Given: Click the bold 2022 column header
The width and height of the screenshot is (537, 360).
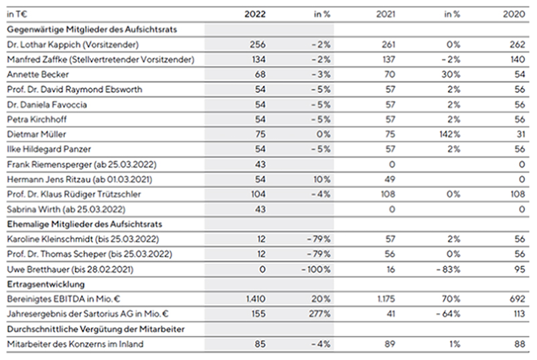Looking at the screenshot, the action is [255, 14].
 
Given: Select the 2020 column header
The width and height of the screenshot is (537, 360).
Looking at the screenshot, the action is [514, 14].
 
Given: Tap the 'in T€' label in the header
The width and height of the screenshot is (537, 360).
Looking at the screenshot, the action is [17, 14].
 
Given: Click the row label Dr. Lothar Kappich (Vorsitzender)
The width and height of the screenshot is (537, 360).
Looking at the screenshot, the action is [72, 44].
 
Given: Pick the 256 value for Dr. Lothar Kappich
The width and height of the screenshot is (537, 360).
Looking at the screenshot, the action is [258, 44].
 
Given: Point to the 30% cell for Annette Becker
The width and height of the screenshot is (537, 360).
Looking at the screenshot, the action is [451, 74].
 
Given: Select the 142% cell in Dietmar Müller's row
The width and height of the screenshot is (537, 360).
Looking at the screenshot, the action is [450, 134].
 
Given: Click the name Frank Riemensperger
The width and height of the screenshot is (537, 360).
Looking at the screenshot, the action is [50, 165].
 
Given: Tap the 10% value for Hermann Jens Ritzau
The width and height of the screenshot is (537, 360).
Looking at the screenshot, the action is [321, 179].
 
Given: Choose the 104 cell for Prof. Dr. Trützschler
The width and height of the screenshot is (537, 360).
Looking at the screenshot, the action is [258, 194].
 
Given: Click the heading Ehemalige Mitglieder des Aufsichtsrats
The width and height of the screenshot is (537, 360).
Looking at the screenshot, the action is [84, 224].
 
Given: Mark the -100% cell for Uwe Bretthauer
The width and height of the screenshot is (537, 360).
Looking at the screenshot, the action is [316, 269].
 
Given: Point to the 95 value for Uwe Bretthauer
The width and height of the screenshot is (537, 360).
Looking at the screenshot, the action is [520, 269].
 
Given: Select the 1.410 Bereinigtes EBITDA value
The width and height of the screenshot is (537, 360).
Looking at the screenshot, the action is [256, 299].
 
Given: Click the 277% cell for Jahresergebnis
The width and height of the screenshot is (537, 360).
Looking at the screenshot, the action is [319, 314].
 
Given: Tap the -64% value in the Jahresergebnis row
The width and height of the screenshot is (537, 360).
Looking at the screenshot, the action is [448, 314].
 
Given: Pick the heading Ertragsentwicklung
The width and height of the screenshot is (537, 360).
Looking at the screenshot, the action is [46, 284].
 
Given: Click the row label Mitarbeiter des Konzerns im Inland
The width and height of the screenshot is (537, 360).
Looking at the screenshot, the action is [75, 344].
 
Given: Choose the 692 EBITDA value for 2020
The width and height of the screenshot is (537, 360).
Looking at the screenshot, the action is [517, 299].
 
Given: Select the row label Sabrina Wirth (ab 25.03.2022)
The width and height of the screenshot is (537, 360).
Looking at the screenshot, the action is [66, 209].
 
